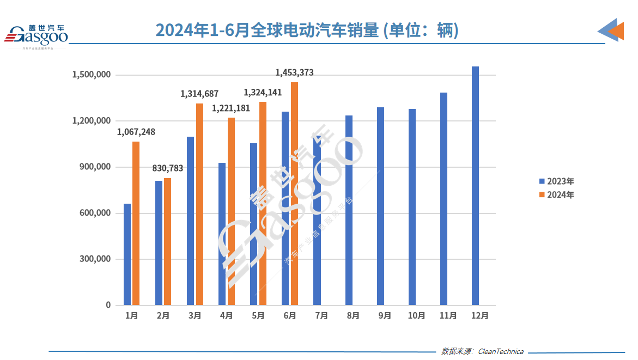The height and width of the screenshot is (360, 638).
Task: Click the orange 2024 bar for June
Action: (294, 193)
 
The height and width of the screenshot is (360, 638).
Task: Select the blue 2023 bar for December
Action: (475, 185)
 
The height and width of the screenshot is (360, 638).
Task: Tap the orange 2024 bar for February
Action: (167, 241)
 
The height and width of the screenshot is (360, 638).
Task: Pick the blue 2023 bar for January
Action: (127, 254)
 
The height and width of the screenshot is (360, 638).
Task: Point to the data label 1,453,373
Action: (294, 72)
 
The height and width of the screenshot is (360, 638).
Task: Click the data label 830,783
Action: (167, 168)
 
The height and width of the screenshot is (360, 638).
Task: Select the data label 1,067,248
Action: (136, 132)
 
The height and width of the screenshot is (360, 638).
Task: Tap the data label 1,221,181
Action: (231, 108)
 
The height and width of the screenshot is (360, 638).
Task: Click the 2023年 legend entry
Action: (556, 181)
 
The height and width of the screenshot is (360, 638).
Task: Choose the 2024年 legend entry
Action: (556, 194)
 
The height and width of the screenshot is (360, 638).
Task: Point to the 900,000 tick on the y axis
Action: (91, 167)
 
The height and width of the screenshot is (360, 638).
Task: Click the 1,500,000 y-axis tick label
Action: (91, 75)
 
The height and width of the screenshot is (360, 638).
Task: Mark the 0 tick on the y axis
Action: (108, 306)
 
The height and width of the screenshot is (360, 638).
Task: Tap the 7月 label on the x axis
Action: (321, 316)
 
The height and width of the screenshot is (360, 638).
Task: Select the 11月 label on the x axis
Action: (448, 316)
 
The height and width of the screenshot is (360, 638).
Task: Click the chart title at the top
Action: (307, 29)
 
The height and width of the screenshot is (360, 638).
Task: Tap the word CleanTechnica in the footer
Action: (500, 351)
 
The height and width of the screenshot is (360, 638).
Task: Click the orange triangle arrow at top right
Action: (616, 31)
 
